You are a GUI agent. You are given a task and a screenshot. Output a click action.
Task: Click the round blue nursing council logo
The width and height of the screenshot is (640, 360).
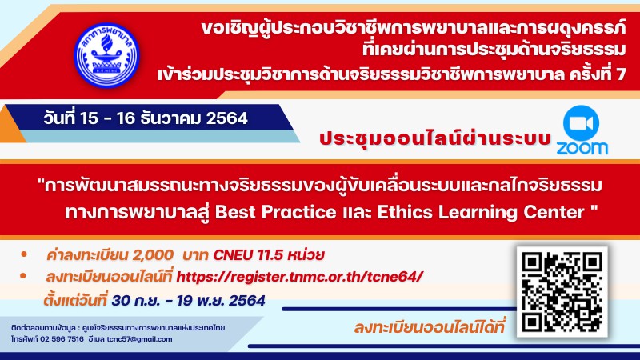[106, 54]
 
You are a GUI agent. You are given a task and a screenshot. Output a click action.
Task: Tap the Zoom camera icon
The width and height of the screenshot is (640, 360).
[581, 123]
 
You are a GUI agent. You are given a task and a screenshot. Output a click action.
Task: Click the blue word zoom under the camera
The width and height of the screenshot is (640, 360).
[582, 148]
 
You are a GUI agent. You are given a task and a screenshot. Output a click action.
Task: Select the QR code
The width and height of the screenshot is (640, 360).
[562, 292]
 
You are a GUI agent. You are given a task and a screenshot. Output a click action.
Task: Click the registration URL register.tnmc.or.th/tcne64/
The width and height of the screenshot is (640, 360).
[299, 276]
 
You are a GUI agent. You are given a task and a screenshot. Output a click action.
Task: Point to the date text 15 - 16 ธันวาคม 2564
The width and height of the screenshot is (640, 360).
[164, 118]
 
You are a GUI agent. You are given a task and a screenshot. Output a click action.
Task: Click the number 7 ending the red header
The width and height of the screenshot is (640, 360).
[621, 74]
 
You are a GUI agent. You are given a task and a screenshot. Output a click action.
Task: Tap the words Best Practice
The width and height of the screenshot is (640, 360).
[275, 212]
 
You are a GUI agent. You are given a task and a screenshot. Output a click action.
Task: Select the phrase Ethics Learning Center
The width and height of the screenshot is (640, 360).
[481, 212]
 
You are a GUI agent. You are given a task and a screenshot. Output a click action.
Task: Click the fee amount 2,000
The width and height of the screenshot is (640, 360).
[153, 255]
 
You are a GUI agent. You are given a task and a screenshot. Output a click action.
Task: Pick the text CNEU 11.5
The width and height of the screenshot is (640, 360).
[248, 255]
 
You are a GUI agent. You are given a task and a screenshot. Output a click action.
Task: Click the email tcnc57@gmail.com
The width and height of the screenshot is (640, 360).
[139, 339]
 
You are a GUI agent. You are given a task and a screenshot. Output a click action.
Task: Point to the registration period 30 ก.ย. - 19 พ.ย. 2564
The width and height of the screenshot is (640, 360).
[188, 301]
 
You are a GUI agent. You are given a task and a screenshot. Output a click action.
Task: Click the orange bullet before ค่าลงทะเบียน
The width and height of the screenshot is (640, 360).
[24, 254]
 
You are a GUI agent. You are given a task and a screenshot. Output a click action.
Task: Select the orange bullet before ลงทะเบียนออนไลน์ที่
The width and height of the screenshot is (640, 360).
[23, 276]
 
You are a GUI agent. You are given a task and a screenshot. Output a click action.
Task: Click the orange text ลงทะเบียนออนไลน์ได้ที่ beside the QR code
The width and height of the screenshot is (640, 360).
[429, 327]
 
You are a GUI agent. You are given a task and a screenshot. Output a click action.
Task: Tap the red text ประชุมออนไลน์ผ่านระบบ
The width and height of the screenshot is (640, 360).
[435, 138]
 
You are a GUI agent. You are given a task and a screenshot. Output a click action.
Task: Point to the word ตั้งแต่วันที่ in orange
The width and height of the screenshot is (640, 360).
[75, 301]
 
